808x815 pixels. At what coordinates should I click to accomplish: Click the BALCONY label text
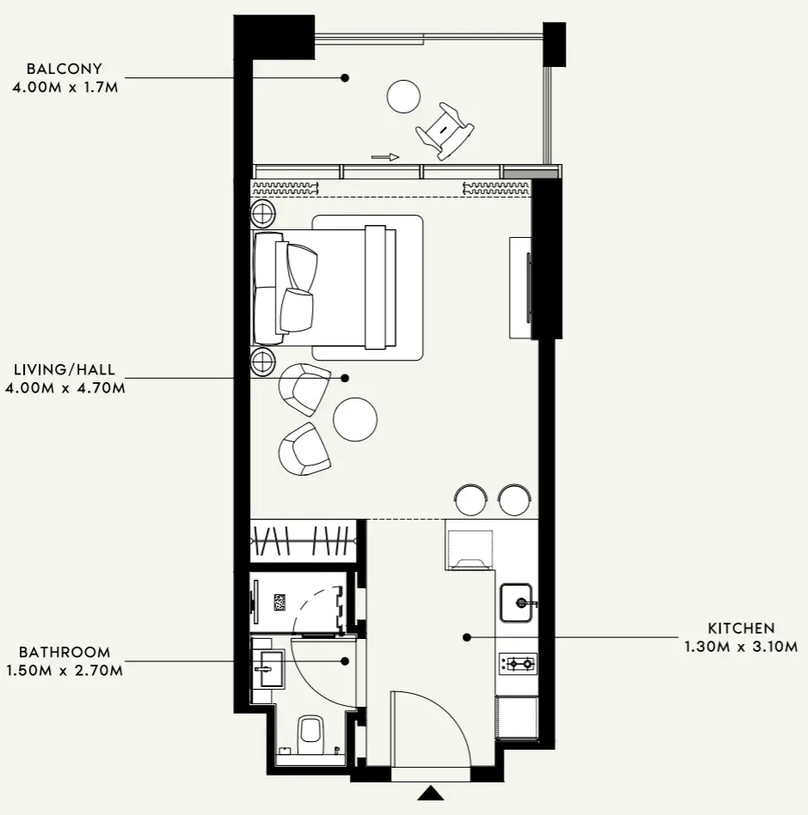tap(64, 69)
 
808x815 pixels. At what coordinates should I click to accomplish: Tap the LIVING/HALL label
tap(64, 369)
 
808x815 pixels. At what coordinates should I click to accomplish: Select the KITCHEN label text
tap(741, 628)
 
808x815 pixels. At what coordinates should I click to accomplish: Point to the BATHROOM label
tap(64, 652)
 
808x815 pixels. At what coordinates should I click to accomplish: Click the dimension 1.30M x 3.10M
tap(741, 647)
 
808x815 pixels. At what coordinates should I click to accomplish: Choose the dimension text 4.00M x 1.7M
tap(65, 87)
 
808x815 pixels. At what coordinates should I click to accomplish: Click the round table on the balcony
tap(403, 96)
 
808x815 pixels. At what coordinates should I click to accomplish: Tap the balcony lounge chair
tap(445, 131)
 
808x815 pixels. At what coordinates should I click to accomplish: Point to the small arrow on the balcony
tap(386, 157)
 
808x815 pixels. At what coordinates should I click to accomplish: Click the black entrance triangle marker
tap(431, 794)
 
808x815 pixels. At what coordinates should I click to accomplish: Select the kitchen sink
tap(516, 603)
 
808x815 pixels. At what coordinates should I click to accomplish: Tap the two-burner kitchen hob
tap(517, 663)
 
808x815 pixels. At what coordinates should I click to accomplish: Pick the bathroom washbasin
tap(268, 669)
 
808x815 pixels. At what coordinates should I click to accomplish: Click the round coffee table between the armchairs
tap(355, 419)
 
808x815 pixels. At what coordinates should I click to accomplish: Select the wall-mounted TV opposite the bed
tap(529, 288)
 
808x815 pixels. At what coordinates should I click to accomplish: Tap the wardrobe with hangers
tap(303, 540)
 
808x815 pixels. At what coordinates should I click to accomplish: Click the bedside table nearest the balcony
tap(263, 213)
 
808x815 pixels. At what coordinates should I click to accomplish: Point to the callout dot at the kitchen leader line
tap(468, 637)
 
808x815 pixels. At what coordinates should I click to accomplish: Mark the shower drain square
tap(280, 602)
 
